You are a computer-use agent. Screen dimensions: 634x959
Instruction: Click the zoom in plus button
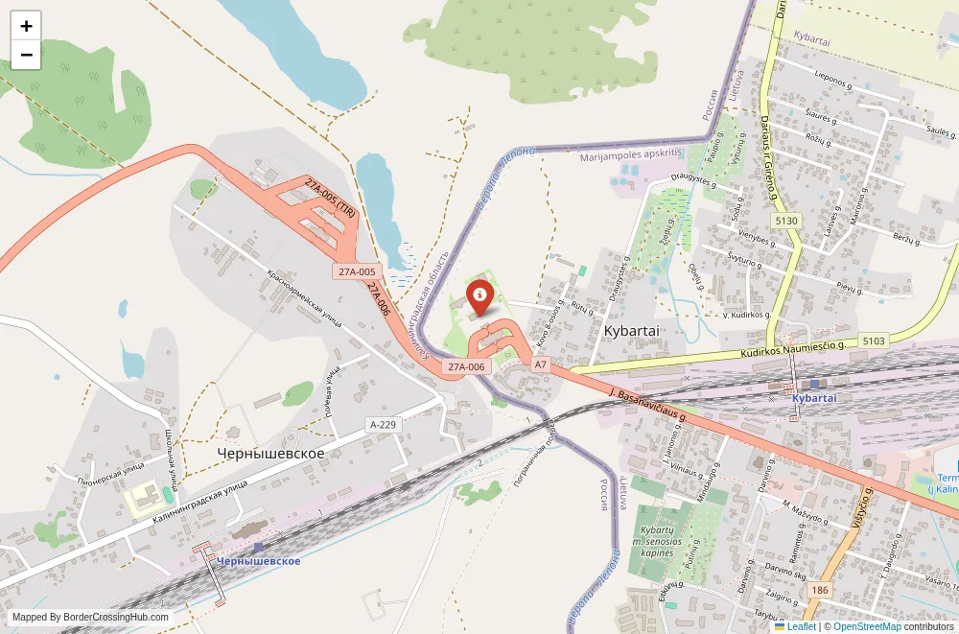26,26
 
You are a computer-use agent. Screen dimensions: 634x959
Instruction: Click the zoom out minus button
26,55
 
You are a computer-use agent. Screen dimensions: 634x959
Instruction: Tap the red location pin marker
479,296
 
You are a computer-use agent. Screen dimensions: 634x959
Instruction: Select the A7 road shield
541,364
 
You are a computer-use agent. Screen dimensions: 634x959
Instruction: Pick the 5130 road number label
786,221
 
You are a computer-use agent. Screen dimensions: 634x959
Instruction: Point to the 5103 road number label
874,340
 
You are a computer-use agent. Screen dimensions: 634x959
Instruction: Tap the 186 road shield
818,590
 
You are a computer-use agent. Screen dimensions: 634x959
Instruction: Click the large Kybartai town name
634,330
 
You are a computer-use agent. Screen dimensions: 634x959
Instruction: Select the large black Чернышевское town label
270,453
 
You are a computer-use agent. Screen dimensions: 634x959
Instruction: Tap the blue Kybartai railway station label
815,398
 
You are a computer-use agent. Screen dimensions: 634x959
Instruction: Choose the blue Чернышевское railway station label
259,561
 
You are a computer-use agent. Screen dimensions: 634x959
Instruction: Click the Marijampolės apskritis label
631,153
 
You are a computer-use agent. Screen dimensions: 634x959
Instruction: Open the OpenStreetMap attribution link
867,626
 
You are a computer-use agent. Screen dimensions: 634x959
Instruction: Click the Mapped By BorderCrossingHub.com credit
91,618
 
